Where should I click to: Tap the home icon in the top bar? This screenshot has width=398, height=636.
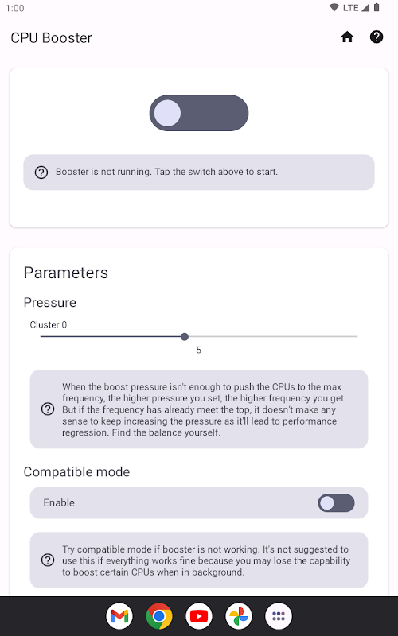point(347,37)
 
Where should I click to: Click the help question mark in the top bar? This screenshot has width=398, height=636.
point(377,37)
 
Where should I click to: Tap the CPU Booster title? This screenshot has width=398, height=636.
point(51,37)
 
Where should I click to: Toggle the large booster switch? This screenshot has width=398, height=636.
point(199,113)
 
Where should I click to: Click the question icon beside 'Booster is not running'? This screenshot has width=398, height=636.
point(41,173)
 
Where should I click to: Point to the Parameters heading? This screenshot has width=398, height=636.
point(66,273)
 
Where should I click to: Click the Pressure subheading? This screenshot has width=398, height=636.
point(50,303)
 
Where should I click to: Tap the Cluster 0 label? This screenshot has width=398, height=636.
point(49,324)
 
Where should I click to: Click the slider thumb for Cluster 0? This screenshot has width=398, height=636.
point(185,336)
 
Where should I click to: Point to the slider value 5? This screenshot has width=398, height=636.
point(198,350)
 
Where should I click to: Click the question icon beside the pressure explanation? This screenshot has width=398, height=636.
point(48,409)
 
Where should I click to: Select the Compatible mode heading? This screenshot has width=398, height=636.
point(76,471)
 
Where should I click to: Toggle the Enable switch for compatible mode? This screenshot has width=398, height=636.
point(336,503)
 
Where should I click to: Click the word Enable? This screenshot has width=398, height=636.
point(59,503)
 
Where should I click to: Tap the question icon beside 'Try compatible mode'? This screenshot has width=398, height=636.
point(48,560)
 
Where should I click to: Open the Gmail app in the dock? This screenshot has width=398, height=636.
point(119,616)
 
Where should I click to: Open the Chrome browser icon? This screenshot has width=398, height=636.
point(159,616)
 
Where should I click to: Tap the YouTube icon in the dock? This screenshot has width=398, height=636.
point(199,616)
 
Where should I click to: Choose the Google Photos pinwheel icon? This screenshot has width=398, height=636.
point(239,616)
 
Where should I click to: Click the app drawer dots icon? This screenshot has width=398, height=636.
point(279,616)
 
